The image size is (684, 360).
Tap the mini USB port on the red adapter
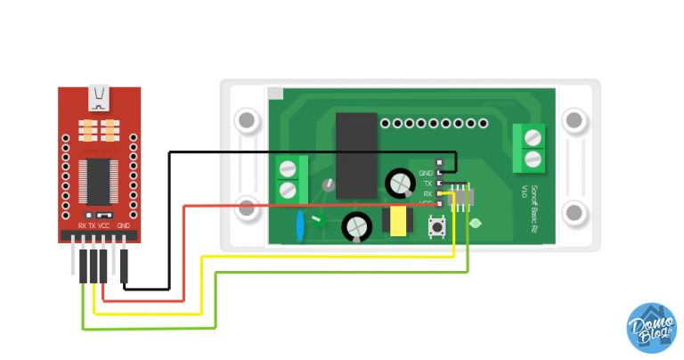100,94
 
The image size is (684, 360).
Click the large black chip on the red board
99,183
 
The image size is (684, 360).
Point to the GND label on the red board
124,226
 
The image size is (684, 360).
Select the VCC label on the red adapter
103,226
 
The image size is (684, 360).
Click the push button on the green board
438,230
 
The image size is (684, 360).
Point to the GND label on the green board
425,171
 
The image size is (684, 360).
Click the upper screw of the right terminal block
533,137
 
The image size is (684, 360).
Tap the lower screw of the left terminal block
288,189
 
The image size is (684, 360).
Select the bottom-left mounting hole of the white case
245,213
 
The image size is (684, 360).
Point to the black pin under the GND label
125,266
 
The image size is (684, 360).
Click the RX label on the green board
427,192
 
